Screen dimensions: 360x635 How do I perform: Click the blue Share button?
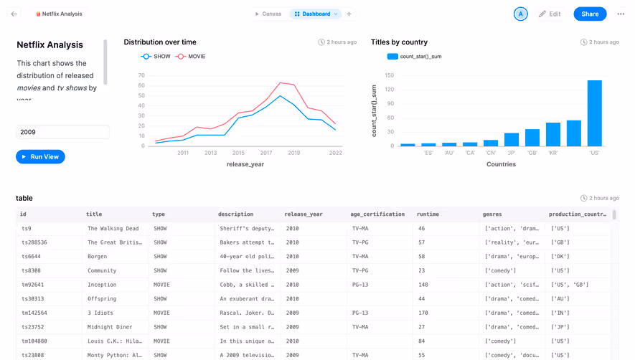click(x=590, y=14)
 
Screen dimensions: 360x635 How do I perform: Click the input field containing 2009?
click(x=62, y=132)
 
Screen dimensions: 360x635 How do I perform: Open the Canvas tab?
click(x=268, y=14)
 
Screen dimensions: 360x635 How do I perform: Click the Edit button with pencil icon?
click(x=550, y=14)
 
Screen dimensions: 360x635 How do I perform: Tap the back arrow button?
click(x=14, y=14)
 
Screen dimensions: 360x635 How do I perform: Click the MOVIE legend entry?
click(x=192, y=56)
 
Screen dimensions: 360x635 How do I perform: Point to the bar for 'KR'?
click(x=552, y=134)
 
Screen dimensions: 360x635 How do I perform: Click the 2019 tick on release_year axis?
click(x=293, y=153)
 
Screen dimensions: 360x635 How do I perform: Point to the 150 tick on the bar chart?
click(x=390, y=75)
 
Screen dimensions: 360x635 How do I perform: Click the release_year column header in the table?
click(x=304, y=214)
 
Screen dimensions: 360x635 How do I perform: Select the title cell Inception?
click(x=102, y=285)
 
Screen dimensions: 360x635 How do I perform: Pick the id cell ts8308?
click(x=32, y=270)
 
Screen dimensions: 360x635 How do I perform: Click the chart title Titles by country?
click(x=399, y=42)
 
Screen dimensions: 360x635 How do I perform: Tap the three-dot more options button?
click(x=621, y=14)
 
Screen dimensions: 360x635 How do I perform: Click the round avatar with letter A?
click(x=521, y=14)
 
